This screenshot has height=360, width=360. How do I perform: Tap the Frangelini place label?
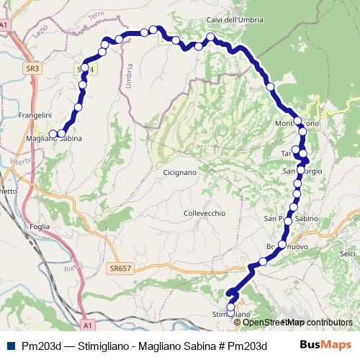[x=37, y=114]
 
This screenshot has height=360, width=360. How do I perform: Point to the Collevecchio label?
[x=204, y=213]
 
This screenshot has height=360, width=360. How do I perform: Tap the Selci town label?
[x=348, y=253]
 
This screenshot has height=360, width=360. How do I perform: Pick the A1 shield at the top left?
[x=4, y=25]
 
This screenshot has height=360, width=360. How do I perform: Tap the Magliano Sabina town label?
[x=52, y=138]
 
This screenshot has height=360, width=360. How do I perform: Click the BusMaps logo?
[x=325, y=345]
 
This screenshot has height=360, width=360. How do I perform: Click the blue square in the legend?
[x=10, y=346]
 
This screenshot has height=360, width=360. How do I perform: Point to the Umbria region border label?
[x=128, y=76]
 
